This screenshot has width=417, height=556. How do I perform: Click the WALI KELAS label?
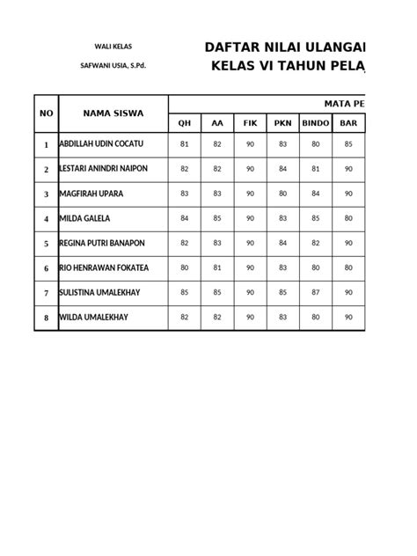click(113, 47)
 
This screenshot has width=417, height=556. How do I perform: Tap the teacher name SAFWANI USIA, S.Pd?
click(113, 66)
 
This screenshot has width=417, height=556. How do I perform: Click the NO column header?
click(47, 113)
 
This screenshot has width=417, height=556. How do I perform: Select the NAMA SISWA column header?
click(113, 113)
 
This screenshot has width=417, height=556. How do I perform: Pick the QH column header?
click(184, 123)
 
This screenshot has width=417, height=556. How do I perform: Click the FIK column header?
click(250, 123)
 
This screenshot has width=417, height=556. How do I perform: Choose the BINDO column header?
click(316, 123)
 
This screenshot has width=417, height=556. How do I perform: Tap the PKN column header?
click(282, 123)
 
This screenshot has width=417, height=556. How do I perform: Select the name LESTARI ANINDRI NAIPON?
click(103, 168)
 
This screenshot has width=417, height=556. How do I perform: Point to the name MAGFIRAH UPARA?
click(91, 193)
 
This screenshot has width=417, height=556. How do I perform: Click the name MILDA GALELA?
click(84, 217)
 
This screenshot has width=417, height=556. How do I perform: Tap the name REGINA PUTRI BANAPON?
click(101, 242)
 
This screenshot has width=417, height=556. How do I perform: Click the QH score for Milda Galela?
click(184, 217)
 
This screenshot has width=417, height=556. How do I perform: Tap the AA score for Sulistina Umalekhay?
click(217, 291)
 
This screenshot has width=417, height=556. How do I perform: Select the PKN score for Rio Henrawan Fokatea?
click(282, 267)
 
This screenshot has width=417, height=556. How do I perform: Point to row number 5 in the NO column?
click(47, 243)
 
